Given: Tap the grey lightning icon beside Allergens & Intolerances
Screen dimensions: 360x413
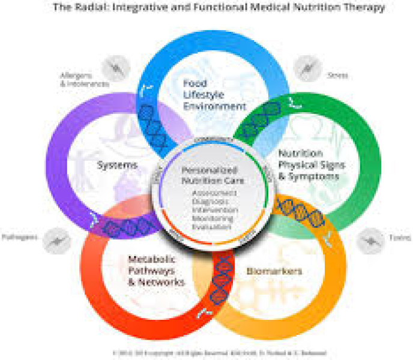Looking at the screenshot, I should tap(115, 68).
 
